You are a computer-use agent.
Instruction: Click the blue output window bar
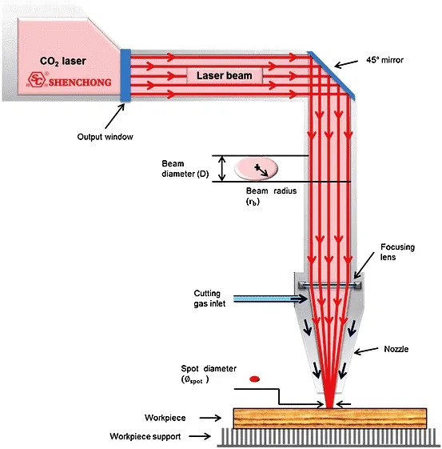click(125, 75)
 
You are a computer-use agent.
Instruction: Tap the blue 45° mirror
click(332, 75)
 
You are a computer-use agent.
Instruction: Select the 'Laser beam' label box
click(225, 75)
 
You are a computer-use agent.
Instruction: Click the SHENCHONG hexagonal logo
click(37, 79)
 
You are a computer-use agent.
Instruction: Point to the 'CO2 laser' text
click(63, 62)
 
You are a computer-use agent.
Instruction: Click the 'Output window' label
click(105, 137)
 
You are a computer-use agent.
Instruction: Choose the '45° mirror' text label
click(384, 60)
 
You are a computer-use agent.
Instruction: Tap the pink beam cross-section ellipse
click(256, 168)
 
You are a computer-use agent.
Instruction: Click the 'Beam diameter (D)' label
click(185, 169)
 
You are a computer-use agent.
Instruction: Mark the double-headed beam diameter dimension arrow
click(222, 169)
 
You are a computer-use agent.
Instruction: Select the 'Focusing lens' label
click(397, 252)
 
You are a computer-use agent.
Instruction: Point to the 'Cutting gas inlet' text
click(209, 299)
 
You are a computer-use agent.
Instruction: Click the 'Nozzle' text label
click(396, 349)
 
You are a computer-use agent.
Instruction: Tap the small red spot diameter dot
click(254, 379)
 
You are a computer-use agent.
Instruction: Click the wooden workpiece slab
click(330, 419)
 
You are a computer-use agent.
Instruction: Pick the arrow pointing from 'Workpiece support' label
click(200, 436)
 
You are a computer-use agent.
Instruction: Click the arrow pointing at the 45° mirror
click(346, 64)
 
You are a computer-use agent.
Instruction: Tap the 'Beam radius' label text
click(271, 191)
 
